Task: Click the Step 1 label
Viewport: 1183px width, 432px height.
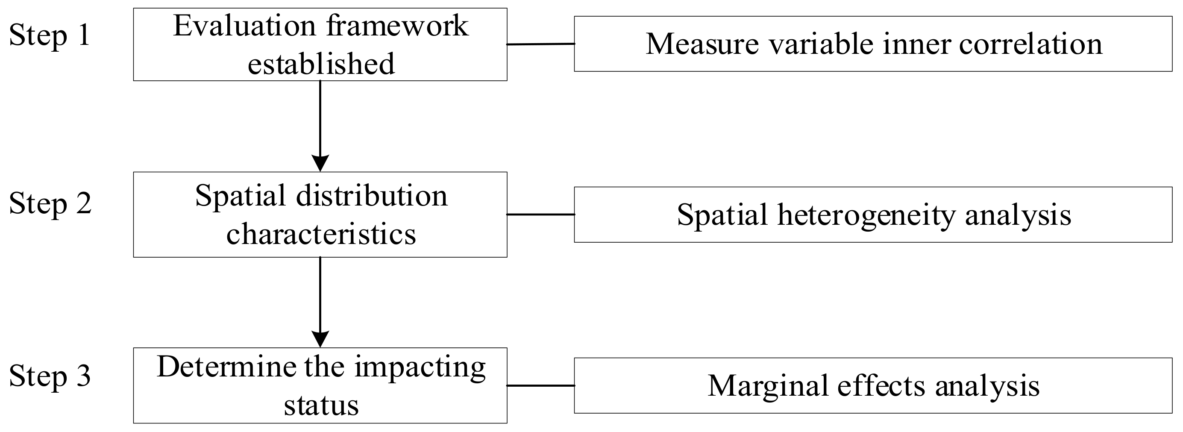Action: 50,36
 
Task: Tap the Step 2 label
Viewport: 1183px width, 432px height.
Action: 50,204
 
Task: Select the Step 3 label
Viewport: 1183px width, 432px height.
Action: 50,376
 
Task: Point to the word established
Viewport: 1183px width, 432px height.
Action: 321,64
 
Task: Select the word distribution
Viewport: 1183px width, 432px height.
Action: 372,196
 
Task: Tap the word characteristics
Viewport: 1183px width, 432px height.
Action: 321,234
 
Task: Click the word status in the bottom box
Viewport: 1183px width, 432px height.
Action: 321,406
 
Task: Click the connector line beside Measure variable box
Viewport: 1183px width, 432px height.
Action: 540,44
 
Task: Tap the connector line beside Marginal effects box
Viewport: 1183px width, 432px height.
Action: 540,385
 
